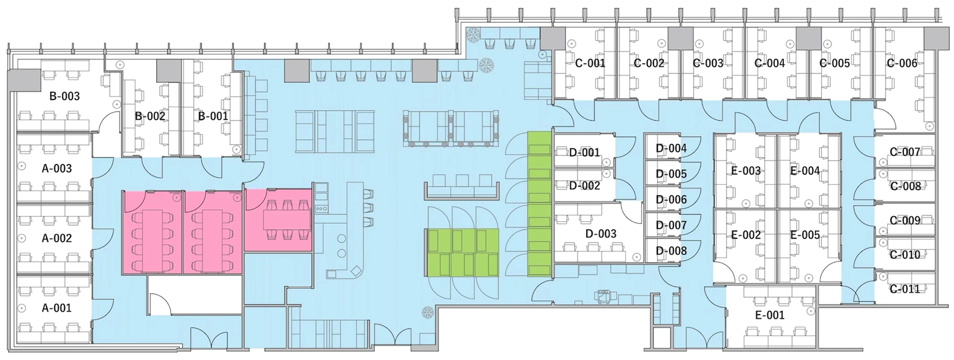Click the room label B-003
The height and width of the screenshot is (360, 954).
click(64, 96)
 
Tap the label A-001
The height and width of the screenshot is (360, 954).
click(57, 308)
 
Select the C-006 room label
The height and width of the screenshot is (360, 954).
click(902, 63)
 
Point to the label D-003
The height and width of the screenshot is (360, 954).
click(601, 234)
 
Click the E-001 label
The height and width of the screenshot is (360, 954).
click(769, 315)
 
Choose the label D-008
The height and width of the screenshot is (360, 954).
click(671, 251)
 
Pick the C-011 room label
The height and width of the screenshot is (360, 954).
click(905, 289)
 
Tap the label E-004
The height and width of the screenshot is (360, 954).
click(805, 171)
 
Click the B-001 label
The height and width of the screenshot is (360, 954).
click(213, 116)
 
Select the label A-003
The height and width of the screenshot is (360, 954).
click(57, 168)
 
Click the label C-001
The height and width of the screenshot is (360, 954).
click(590, 63)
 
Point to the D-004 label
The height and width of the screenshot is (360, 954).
click(671, 149)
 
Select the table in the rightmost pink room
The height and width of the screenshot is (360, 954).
click(286, 221)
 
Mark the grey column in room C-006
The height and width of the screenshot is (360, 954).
click(936, 39)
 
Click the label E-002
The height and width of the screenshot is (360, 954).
click(746, 235)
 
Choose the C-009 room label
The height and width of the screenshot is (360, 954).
click(905, 220)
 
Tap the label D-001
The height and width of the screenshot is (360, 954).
click(584, 153)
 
